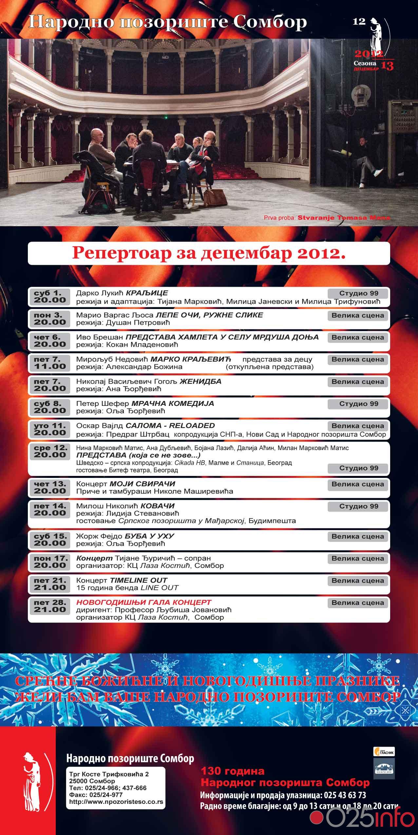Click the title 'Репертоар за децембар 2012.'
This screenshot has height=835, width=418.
[209, 253]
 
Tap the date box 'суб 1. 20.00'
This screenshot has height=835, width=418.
[49, 297]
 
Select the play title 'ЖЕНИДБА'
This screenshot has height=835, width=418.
[201, 381]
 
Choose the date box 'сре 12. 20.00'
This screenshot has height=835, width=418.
[50, 451]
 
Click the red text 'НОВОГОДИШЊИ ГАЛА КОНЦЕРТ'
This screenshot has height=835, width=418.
[144, 602]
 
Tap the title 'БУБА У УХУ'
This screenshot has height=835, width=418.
[149, 536]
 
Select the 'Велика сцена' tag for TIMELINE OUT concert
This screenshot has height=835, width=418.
[358, 580]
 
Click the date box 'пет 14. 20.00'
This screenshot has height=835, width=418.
[50, 509]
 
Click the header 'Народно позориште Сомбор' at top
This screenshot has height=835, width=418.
[168, 22]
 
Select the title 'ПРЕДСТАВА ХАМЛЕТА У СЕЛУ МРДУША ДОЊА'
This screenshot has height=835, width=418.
[222, 337]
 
